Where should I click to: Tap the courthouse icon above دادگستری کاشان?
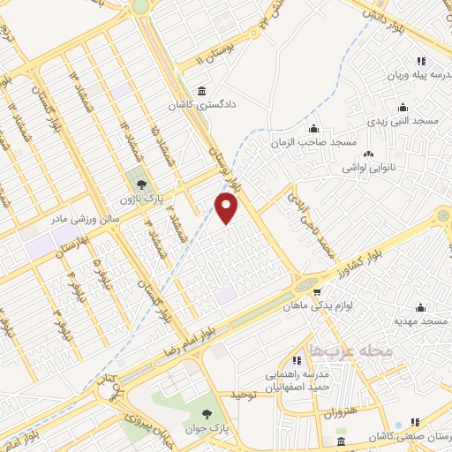coord(204,91)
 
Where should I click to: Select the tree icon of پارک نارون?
coord(140,185)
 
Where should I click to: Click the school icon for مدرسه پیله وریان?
coord(421,61)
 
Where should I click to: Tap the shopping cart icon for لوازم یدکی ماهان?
coord(314,291)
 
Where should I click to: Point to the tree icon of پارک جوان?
coord(207,412)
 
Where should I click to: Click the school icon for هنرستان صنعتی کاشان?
coord(416,422)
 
